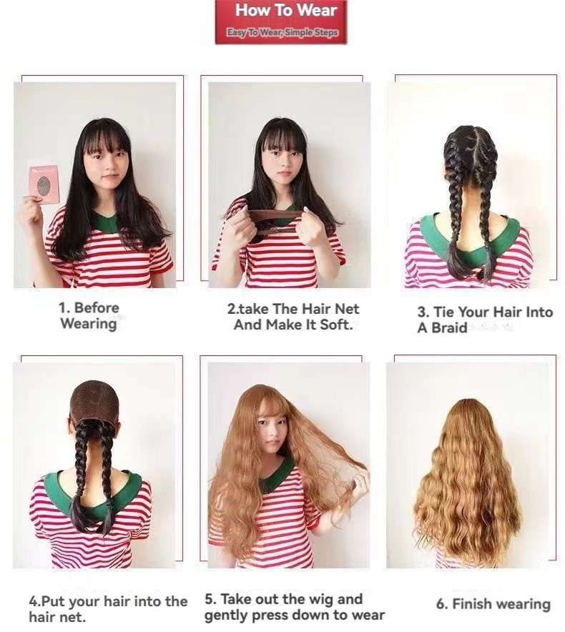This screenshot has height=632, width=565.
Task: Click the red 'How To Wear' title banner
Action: click(280, 21)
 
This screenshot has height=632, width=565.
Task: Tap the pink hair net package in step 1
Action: click(44, 184)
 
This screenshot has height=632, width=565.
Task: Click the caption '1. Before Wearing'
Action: click(89, 315)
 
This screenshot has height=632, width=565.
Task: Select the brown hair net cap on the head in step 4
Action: click(94, 402)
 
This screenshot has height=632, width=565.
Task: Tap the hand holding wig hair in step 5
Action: click(360, 482)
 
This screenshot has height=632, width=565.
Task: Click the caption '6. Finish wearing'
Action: click(493, 604)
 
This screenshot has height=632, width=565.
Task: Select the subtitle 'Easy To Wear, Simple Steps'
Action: click(282, 32)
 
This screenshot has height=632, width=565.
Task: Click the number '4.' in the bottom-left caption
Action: click(35, 602)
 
